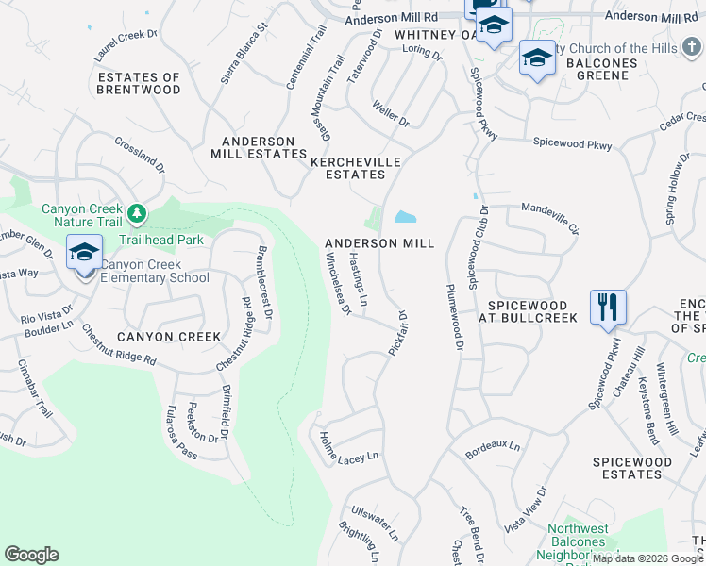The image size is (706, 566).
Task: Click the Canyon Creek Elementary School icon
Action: [84, 253]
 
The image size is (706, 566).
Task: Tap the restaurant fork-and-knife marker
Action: [607, 307]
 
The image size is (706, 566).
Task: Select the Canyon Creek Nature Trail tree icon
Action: [138, 214]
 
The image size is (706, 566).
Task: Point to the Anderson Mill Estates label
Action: [259, 146]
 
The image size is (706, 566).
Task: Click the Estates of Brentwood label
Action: [139, 83]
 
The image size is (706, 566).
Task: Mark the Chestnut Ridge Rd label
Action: [118, 345]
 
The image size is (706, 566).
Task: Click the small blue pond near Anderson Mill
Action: [405, 217]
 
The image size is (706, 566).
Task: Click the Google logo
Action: [31, 555]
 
